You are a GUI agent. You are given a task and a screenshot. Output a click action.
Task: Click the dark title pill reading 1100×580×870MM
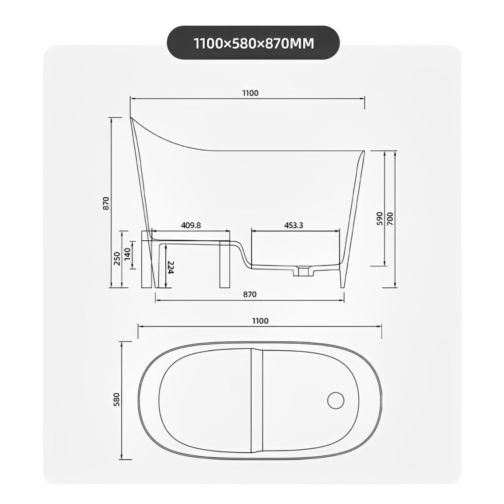coord(253,42)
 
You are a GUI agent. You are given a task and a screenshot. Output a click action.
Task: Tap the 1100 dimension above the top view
coord(260,321)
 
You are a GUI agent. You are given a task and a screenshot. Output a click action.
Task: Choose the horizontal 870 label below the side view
coord(249,294)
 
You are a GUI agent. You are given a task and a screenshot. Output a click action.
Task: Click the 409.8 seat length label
coord(191,225)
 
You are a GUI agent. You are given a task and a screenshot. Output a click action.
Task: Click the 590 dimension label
coord(379,217)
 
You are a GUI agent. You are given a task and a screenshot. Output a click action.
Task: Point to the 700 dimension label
coord(390,217)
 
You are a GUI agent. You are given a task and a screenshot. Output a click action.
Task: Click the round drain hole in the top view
coord(336,399)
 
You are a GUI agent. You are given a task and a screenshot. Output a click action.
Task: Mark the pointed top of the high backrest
coord(131,117)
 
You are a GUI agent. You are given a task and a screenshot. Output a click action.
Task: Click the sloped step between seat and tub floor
coord(243,254)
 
